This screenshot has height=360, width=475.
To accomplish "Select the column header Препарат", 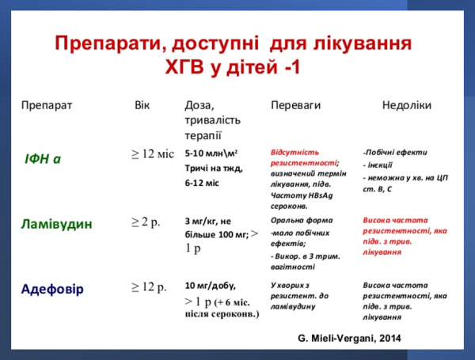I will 47,105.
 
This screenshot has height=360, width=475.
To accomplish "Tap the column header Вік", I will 142,104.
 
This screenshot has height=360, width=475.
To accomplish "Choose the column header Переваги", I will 297,105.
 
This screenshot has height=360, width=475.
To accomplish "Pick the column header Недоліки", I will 406,105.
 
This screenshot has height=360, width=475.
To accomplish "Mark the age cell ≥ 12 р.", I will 149,286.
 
